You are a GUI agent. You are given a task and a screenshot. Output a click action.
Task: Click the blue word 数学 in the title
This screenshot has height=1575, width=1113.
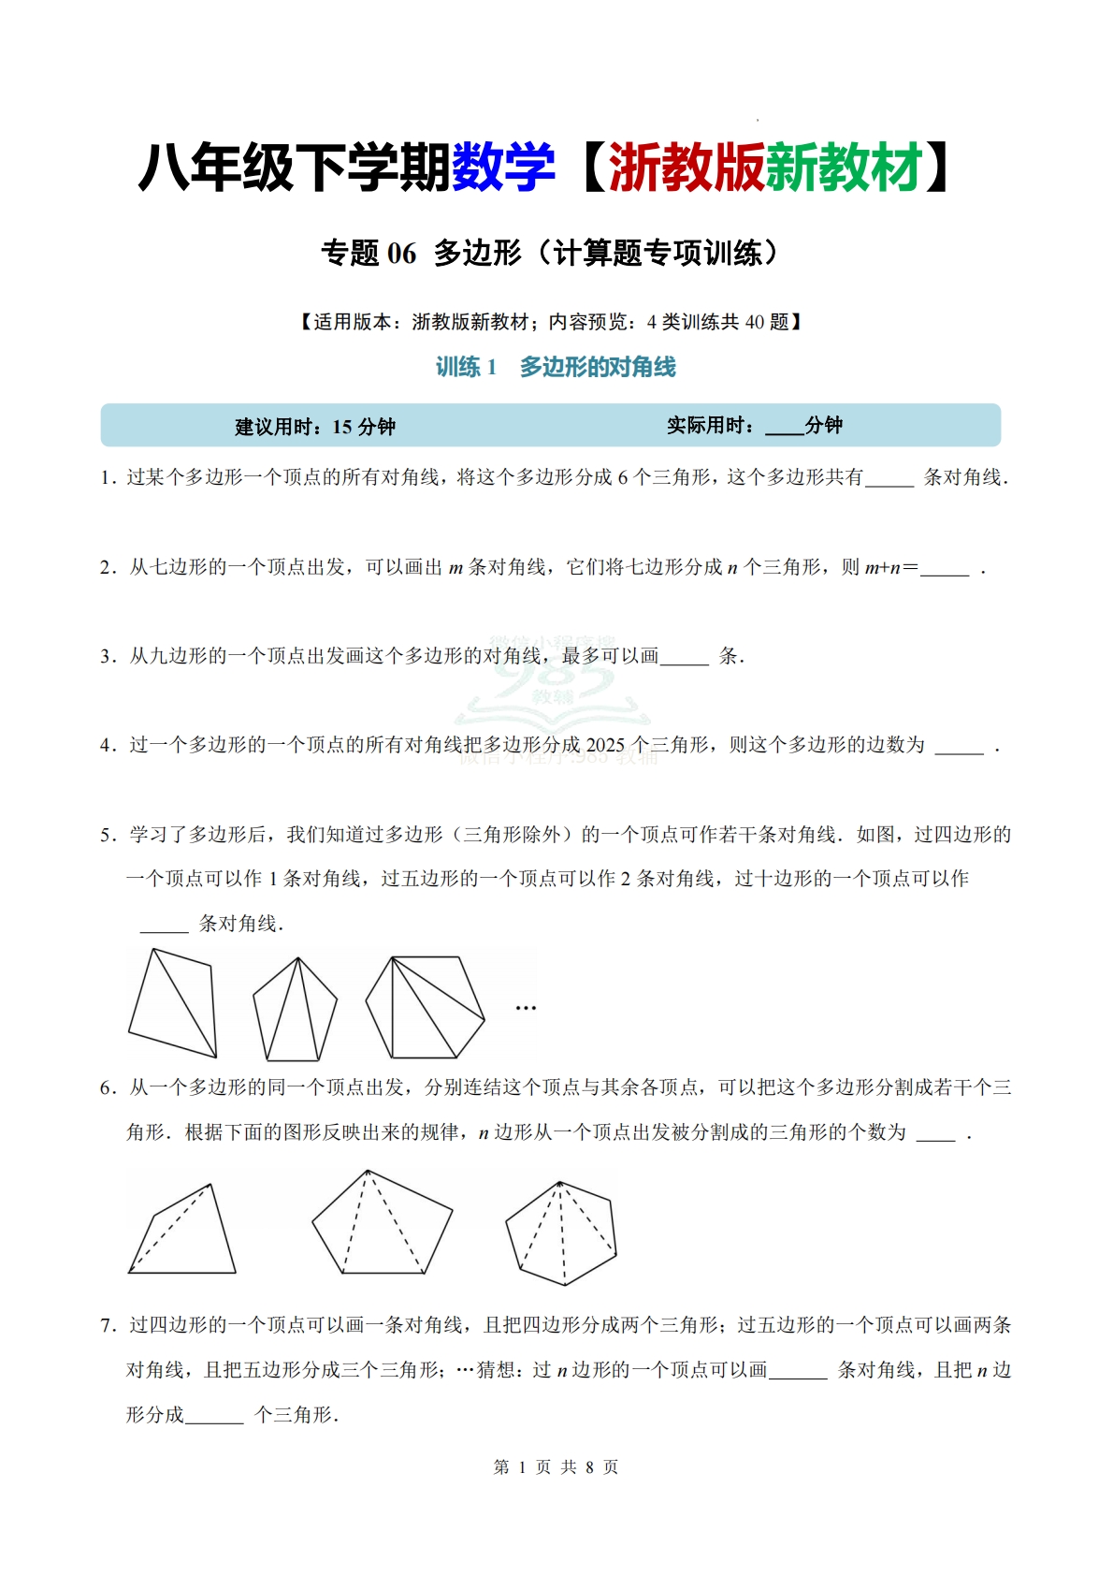[503, 168]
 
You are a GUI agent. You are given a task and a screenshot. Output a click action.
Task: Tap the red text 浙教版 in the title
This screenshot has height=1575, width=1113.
[687, 168]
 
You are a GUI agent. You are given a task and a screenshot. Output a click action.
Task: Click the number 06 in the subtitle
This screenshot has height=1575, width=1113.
[401, 254]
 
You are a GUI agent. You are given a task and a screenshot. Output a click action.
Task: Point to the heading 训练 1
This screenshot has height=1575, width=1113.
[466, 367]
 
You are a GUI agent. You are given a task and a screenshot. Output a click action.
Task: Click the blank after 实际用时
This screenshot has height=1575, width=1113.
[784, 428]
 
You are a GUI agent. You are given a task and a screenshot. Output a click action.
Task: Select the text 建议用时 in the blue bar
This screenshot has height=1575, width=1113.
[274, 428]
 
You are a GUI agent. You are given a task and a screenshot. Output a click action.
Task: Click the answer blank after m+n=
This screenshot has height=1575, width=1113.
[944, 569]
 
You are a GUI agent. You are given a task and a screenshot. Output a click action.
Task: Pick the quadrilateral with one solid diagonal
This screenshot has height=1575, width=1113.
[174, 1004]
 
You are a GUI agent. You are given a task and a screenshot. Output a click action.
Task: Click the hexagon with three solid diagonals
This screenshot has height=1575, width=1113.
[425, 1007]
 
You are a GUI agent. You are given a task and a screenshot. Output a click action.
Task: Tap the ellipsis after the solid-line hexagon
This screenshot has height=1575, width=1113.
[526, 1008]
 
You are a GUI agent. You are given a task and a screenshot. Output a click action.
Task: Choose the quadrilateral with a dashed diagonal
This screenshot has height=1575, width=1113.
[183, 1232]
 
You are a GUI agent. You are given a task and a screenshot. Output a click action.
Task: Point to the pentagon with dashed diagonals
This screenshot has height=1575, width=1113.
[382, 1223]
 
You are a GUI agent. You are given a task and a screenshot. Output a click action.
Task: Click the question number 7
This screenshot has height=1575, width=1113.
[108, 1326]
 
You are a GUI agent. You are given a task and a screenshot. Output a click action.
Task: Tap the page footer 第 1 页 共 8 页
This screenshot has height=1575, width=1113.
[556, 1467]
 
